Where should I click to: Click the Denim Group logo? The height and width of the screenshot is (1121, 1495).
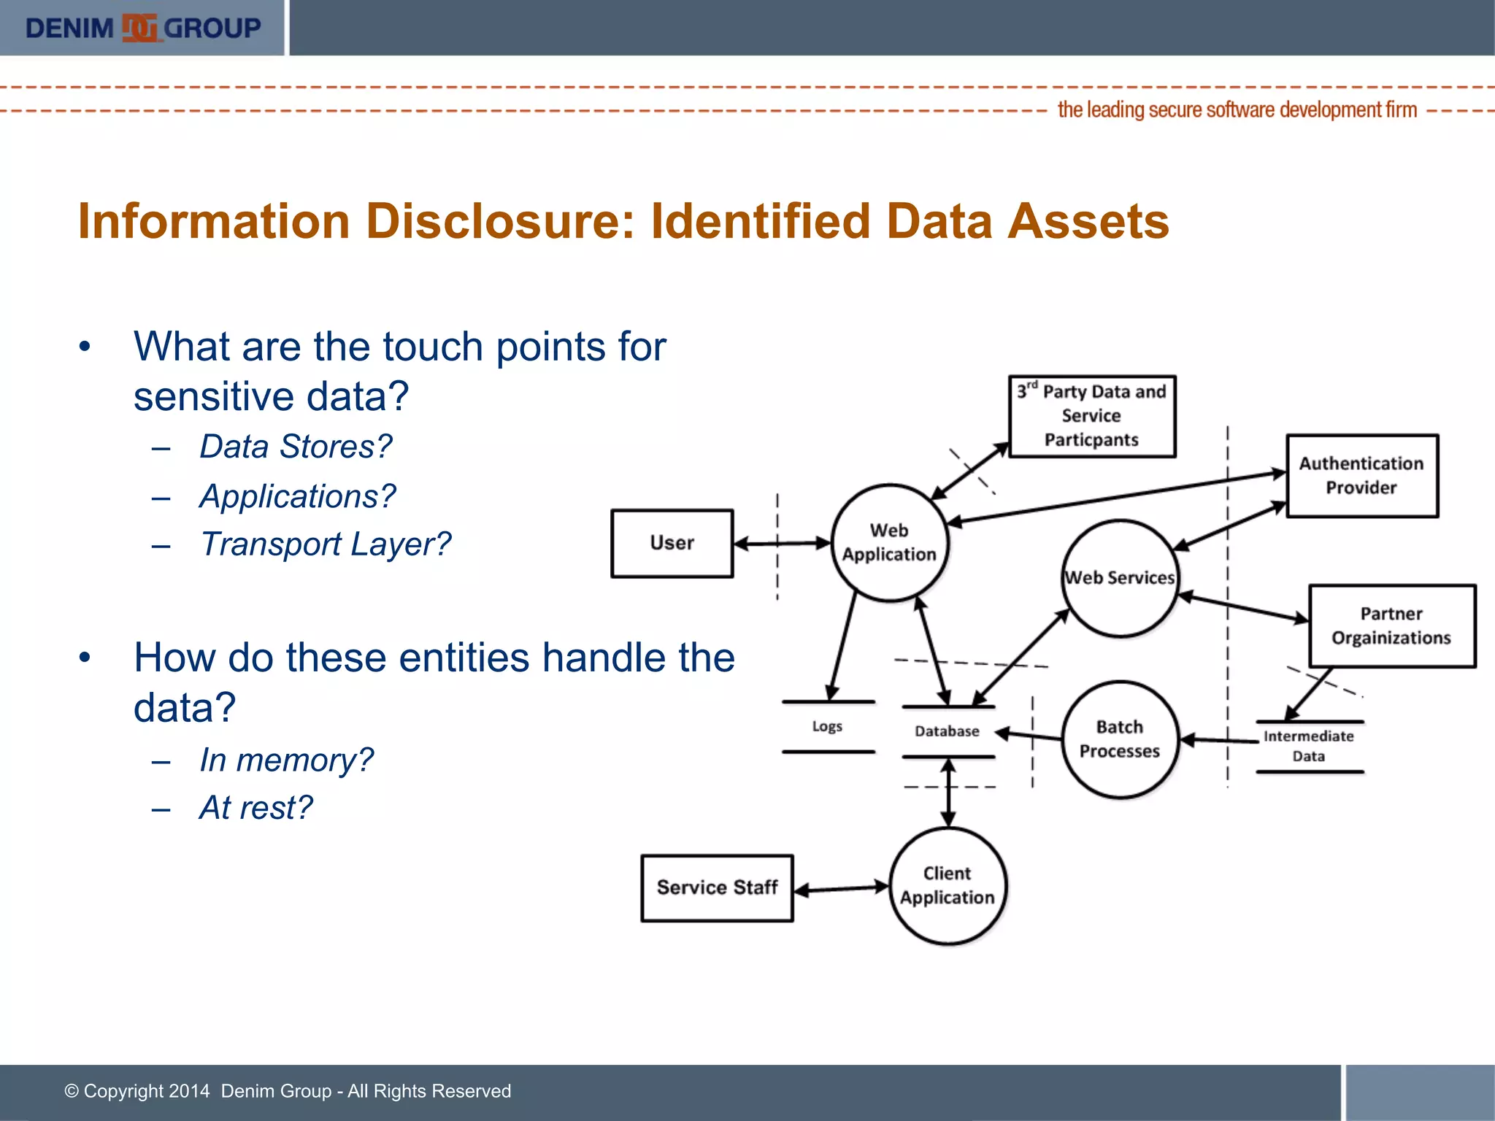pyautogui.click(x=142, y=28)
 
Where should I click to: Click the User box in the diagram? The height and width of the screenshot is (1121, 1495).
pyautogui.click(x=672, y=543)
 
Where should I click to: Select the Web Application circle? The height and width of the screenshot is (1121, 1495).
pyautogui.click(x=889, y=542)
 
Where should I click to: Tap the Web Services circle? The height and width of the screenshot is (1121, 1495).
pyautogui.click(x=1120, y=578)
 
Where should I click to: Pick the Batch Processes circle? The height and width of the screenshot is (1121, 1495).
pyautogui.click(x=1119, y=739)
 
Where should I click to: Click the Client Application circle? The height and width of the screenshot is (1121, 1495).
pyautogui.click(x=948, y=885)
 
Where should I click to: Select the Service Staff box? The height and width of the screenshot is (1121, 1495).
pyautogui.click(x=717, y=887)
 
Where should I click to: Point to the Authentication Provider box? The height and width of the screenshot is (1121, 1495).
pyautogui.click(x=1361, y=476)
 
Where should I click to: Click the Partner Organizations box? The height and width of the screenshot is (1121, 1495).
pyautogui.click(x=1391, y=625)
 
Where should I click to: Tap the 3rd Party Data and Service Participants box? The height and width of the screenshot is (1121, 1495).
pyautogui.click(x=1091, y=416)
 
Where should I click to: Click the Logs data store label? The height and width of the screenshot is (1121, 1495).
pyautogui.click(x=827, y=726)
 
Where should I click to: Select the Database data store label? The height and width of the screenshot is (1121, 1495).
pyautogui.click(x=947, y=731)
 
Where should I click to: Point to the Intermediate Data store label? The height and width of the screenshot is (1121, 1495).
pyautogui.click(x=1308, y=746)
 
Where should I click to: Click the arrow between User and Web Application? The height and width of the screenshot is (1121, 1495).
pyautogui.click(x=782, y=543)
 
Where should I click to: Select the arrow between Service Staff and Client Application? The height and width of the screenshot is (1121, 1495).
pyautogui.click(x=841, y=889)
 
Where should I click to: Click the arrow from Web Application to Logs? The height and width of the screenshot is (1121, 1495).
pyautogui.click(x=842, y=646)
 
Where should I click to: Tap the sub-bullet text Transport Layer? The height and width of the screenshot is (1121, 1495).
pyautogui.click(x=325, y=544)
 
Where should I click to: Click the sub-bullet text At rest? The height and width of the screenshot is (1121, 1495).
pyautogui.click(x=255, y=808)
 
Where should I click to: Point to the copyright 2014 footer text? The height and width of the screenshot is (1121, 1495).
pyautogui.click(x=288, y=1091)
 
